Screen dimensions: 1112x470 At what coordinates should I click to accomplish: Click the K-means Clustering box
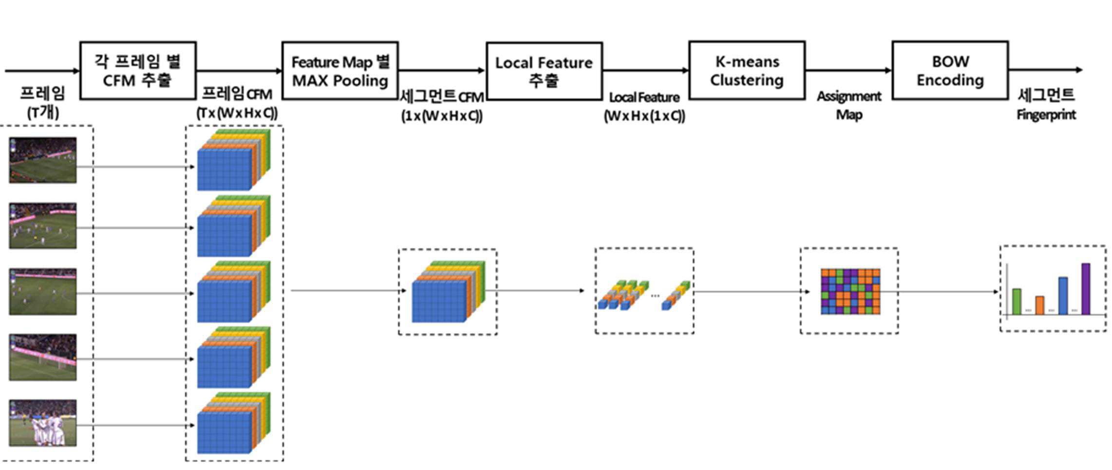click(747, 71)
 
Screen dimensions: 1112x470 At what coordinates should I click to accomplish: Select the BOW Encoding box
click(950, 71)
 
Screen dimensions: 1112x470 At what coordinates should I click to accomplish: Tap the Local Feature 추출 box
click(544, 71)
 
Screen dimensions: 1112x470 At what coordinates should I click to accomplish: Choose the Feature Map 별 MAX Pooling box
click(340, 71)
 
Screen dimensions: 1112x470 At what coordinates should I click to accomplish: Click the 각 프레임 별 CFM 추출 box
click(138, 71)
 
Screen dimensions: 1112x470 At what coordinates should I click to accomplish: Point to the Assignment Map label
click(849, 105)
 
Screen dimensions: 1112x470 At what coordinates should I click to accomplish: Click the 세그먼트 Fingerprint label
click(1046, 104)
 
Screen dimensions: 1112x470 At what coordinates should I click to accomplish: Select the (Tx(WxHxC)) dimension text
click(237, 113)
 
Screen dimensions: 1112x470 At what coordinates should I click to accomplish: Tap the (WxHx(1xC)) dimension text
click(644, 116)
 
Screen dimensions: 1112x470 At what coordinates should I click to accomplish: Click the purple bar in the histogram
click(1086, 289)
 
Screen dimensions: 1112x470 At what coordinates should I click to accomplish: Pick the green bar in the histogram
click(1017, 301)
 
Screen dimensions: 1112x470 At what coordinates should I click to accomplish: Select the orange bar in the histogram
click(1039, 305)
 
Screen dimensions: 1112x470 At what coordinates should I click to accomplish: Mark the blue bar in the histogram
click(1063, 296)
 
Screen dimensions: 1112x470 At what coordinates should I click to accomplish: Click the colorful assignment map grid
click(850, 291)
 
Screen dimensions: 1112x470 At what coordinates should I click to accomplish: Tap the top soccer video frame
click(43, 160)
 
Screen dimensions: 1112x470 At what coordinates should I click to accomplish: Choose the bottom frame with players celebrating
click(43, 423)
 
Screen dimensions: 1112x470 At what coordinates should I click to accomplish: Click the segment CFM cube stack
click(449, 291)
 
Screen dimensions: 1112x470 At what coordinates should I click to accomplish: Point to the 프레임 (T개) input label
click(43, 103)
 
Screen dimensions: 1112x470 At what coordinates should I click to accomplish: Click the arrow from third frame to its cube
click(136, 293)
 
